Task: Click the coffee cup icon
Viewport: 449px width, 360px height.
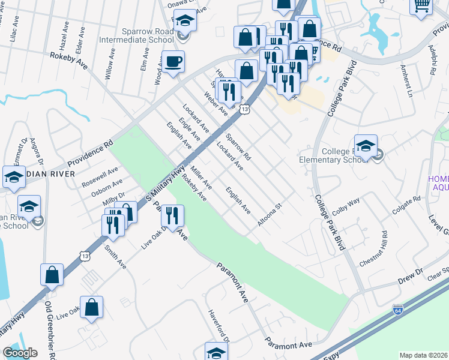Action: tap(173, 62)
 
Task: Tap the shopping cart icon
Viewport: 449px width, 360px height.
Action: tap(422, 6)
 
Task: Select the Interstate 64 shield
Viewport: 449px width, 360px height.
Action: tap(398, 310)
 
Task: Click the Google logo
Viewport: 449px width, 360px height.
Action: tap(20, 353)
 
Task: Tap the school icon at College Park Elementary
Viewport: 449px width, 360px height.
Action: tap(366, 146)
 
